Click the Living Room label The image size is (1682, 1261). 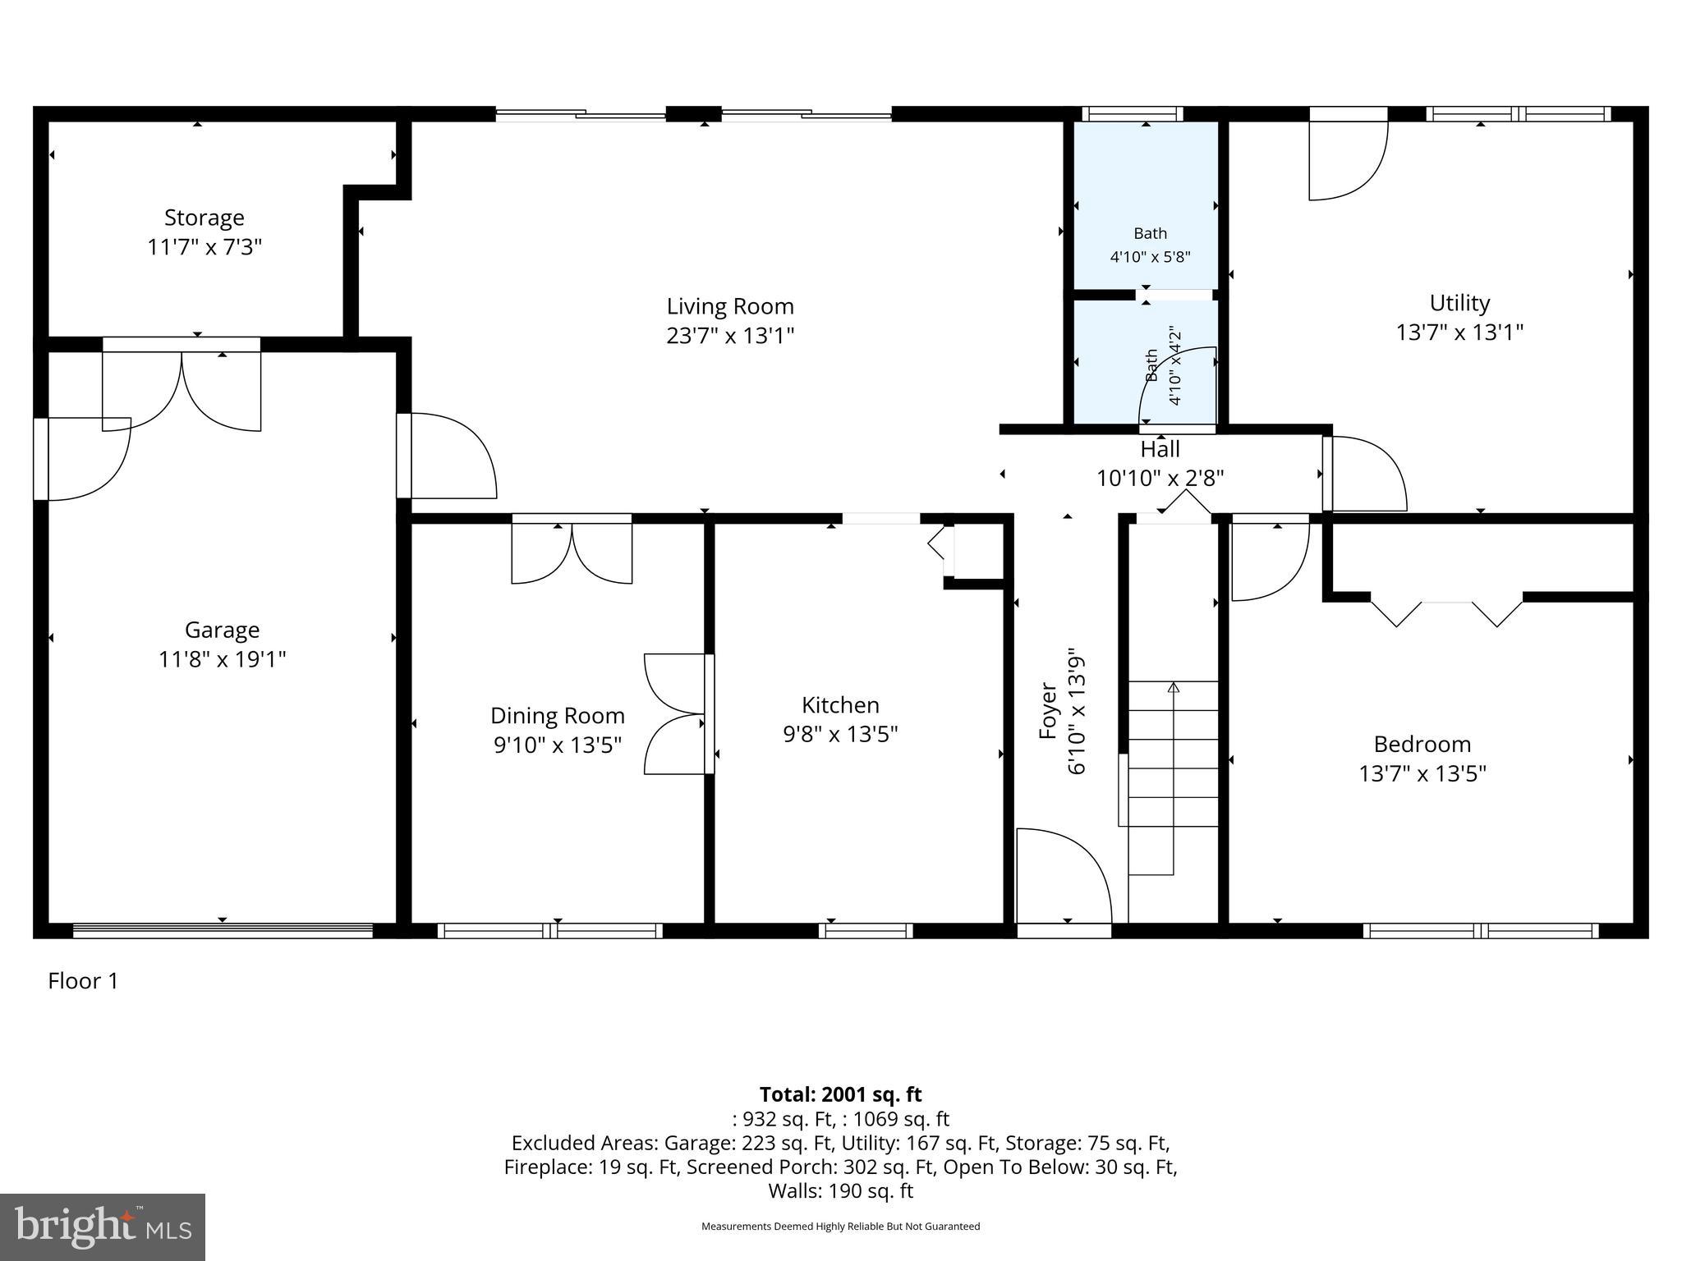[x=729, y=306]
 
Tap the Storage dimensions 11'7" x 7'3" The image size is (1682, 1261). [x=204, y=247]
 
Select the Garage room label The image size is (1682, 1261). [x=222, y=630]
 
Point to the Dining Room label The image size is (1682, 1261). [x=557, y=716]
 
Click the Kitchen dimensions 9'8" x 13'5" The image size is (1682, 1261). [x=839, y=734]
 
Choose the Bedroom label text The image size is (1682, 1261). [x=1422, y=744]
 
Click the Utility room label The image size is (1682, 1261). [x=1459, y=303]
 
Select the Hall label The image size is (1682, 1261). [x=1160, y=449]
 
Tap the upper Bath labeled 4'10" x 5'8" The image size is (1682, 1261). [x=1150, y=244]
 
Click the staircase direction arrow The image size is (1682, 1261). [x=1173, y=688]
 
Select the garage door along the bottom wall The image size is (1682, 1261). [x=223, y=930]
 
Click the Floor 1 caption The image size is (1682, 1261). [x=83, y=981]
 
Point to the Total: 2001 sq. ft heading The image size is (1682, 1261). [x=839, y=1094]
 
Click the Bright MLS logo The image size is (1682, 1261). [x=102, y=1227]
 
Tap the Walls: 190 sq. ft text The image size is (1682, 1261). [x=839, y=1190]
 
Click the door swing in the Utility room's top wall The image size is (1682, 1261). [x=1347, y=158]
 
